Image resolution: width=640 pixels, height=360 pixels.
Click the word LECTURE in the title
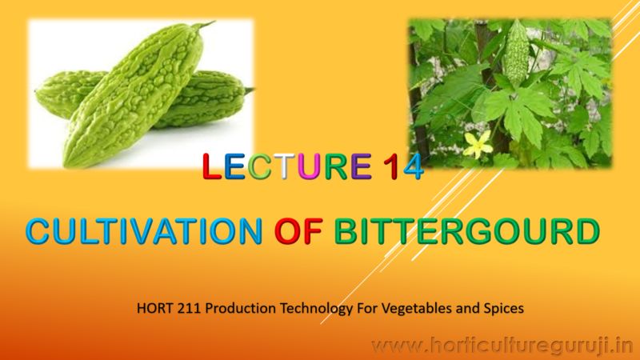click(x=287, y=166)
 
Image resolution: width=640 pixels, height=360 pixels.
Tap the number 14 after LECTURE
click(x=402, y=166)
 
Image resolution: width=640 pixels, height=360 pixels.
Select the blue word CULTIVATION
click(x=144, y=231)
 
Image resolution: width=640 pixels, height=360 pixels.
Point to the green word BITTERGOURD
click(x=466, y=231)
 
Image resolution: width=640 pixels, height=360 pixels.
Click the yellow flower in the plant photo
click(x=478, y=145)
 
